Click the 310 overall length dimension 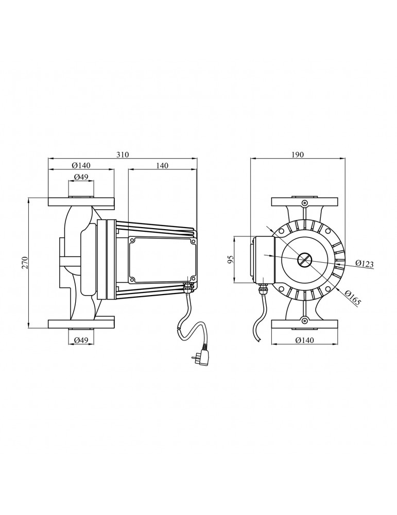(123, 154)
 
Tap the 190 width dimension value (297, 154)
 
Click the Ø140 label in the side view (81, 165)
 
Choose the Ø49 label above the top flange (81, 177)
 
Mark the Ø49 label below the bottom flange (81, 340)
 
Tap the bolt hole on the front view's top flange (305, 202)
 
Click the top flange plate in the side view (81, 202)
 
